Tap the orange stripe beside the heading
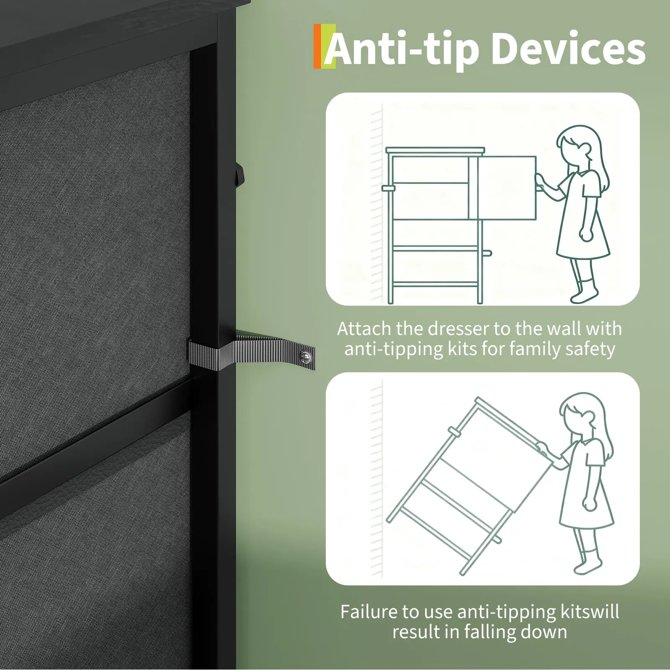pyautogui.click(x=317, y=46)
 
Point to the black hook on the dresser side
pyautogui.click(x=239, y=172)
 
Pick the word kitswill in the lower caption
pyautogui.click(x=589, y=612)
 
